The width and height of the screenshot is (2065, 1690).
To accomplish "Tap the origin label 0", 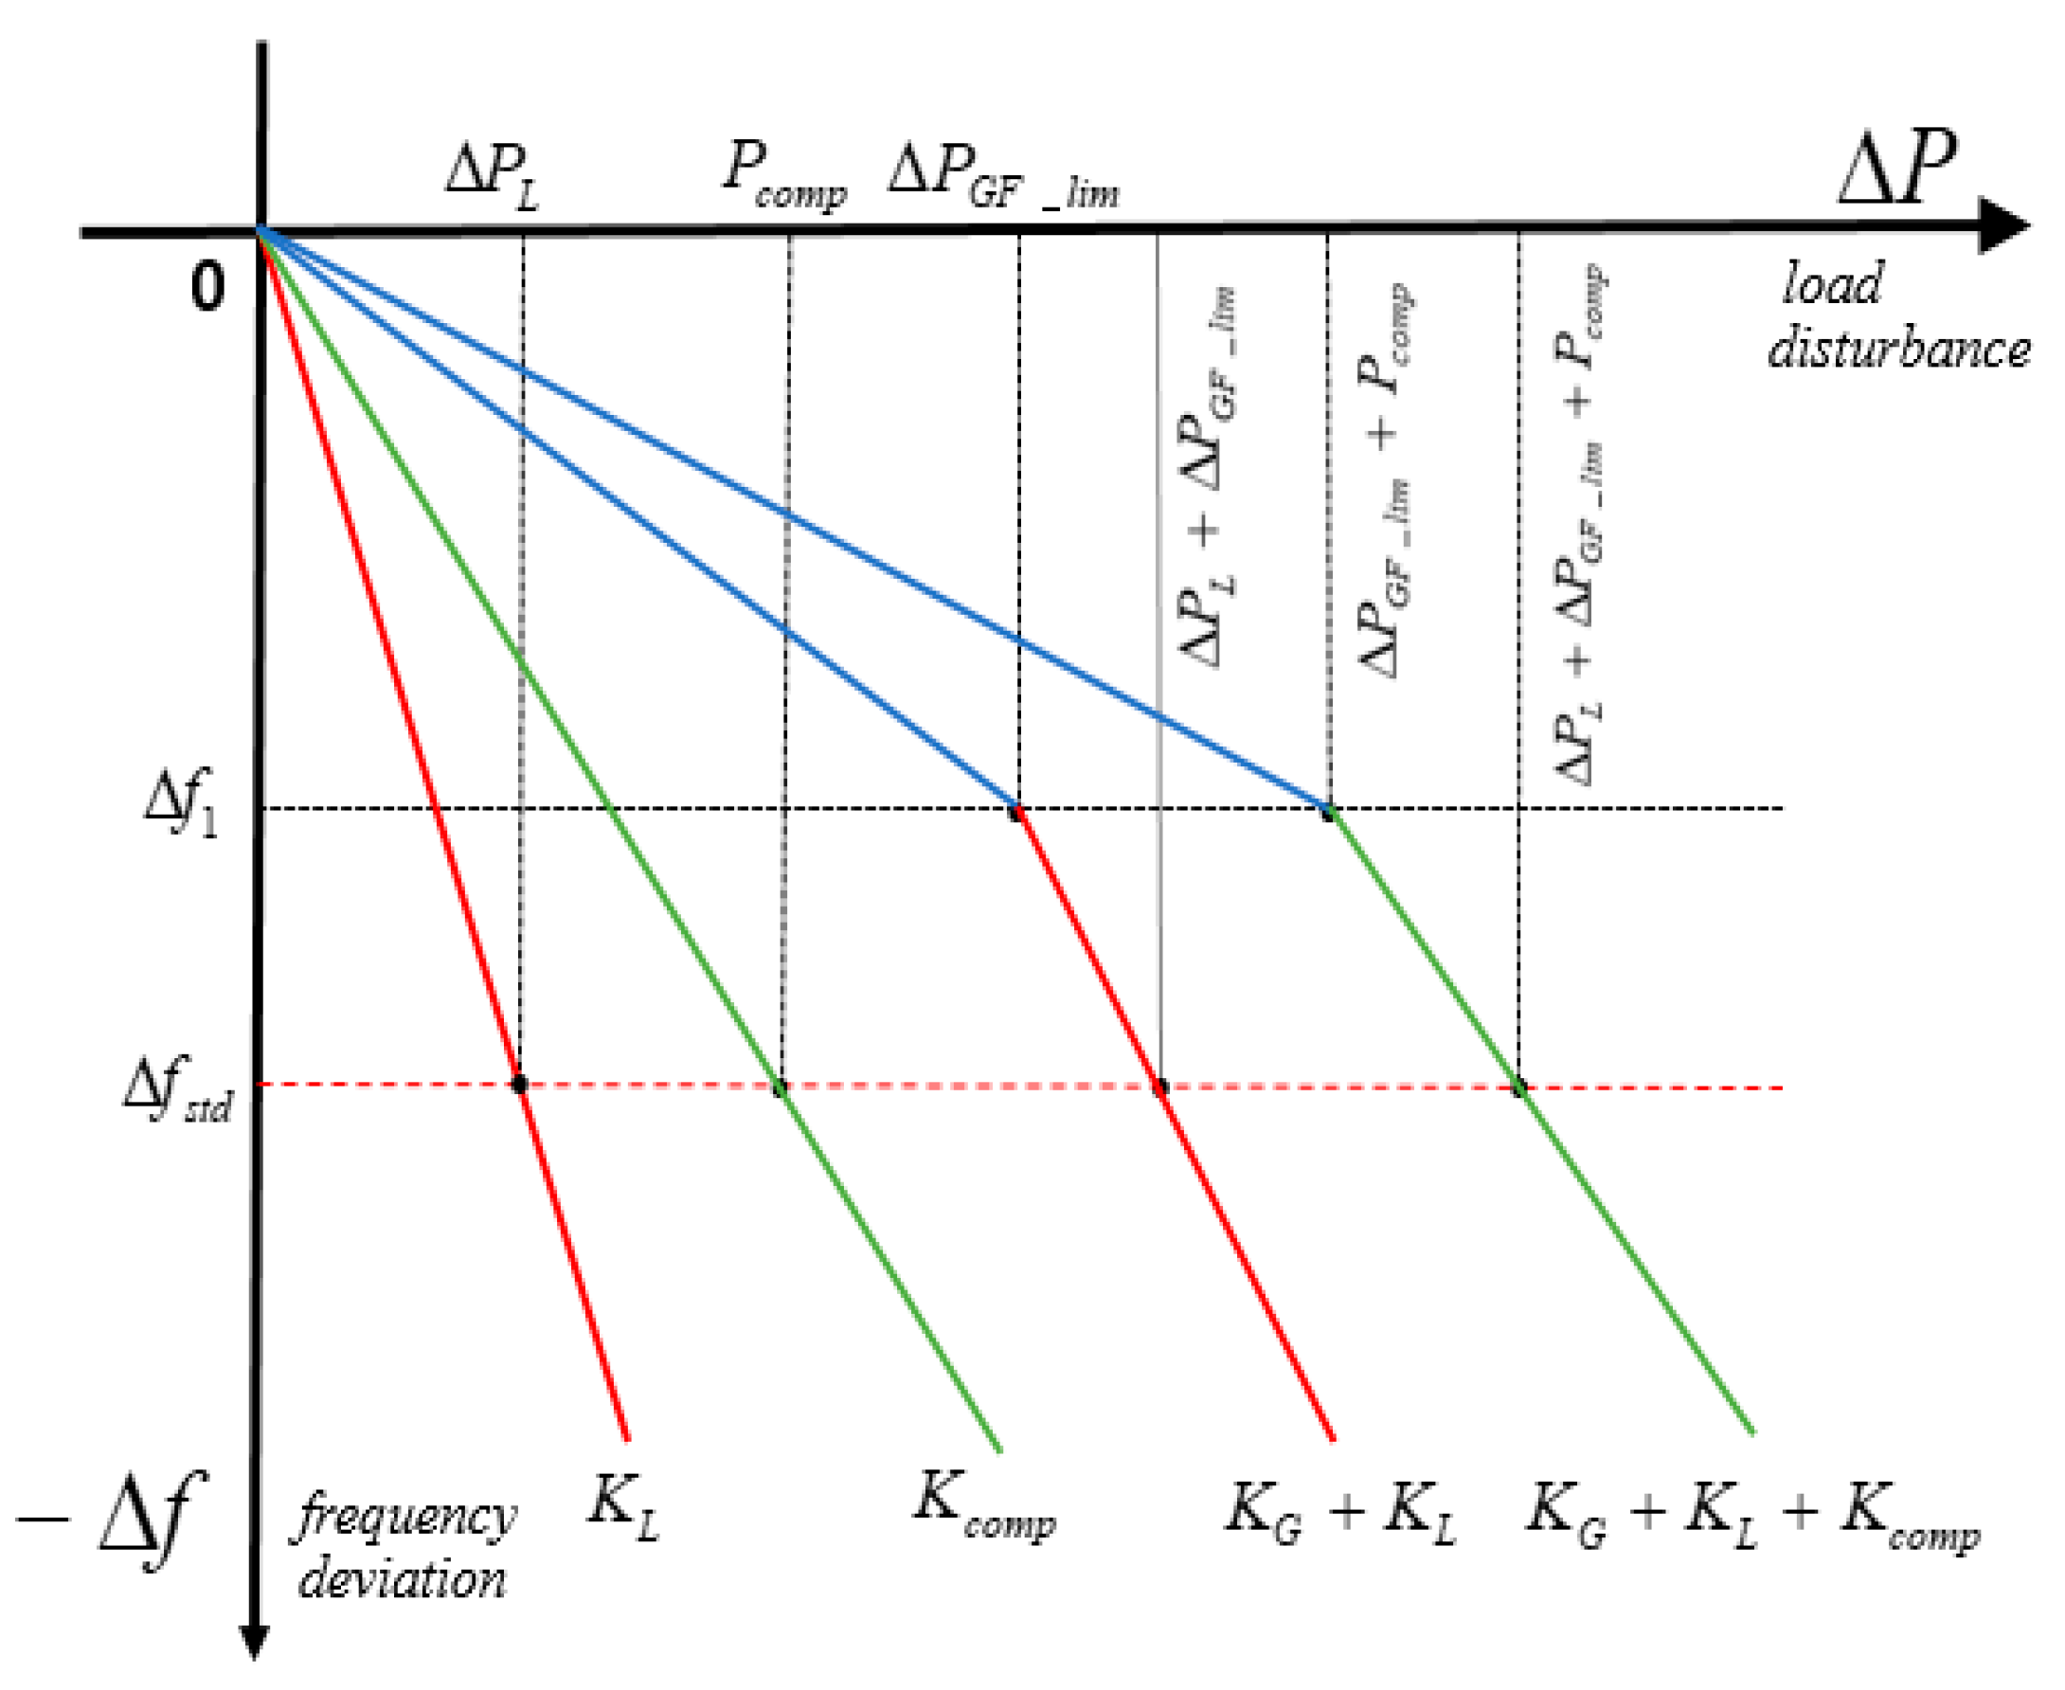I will (207, 287).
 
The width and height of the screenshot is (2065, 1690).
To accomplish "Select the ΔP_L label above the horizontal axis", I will (492, 176).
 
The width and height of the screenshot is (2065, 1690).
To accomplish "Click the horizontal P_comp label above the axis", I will (784, 176).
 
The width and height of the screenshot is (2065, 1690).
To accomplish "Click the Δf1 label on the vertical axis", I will (181, 807).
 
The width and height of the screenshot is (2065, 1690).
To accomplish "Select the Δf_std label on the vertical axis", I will (178, 1088).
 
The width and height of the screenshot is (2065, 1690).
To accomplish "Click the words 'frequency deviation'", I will (404, 1548).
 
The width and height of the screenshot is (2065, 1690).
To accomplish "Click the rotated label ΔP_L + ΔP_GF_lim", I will (1210, 477).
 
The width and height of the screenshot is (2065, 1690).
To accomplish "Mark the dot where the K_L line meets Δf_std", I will (520, 1084).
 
